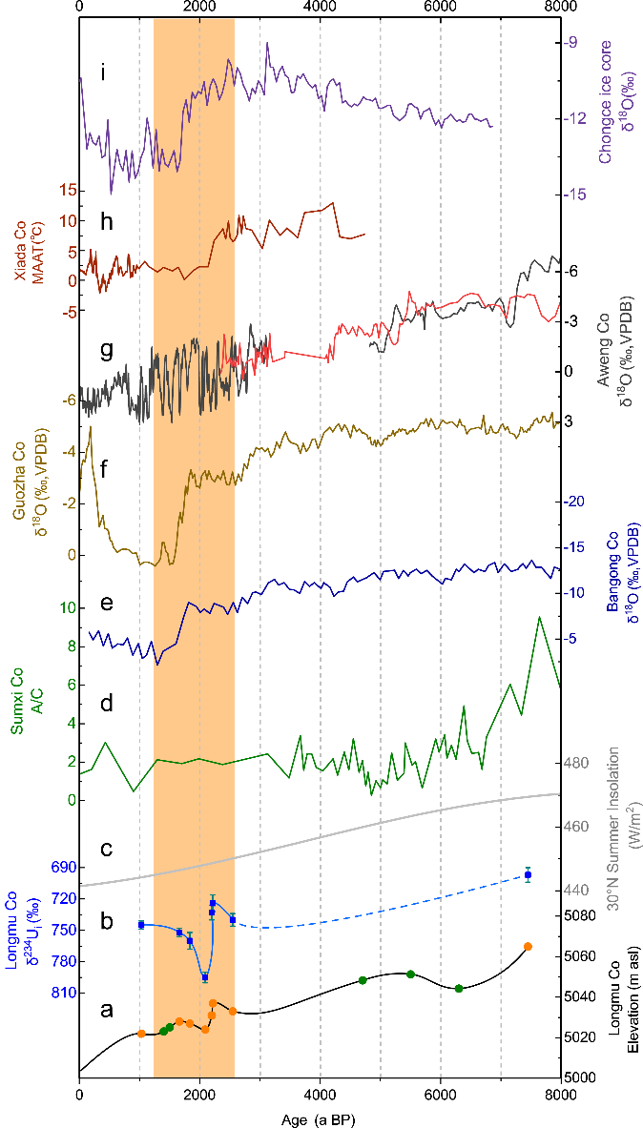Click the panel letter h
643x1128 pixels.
coord(107,221)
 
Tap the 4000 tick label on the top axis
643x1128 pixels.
coord(320,9)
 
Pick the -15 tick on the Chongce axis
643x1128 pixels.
coord(577,194)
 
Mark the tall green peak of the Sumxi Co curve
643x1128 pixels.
coord(540,617)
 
